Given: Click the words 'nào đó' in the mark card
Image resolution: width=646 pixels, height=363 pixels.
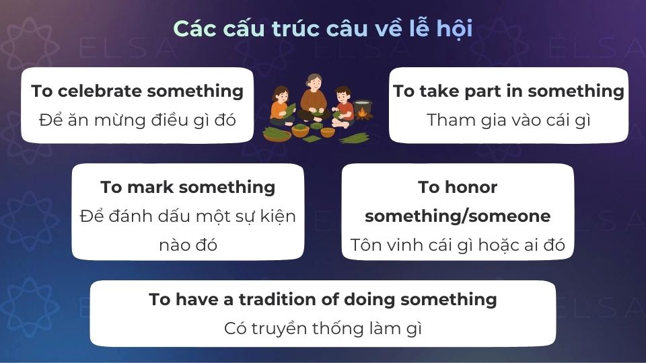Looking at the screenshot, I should tap(188, 245).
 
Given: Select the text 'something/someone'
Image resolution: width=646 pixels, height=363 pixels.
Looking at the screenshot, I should tap(458, 216).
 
